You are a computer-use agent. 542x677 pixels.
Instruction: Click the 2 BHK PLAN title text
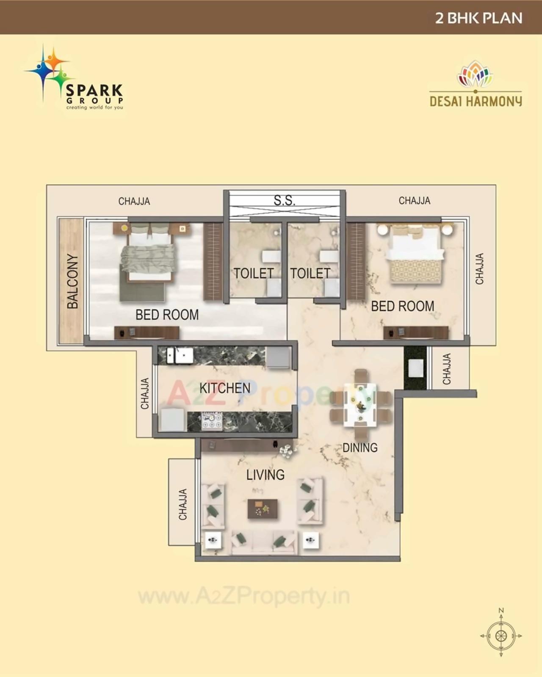click(x=478, y=18)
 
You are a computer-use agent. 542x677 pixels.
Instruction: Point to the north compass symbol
click(x=501, y=635)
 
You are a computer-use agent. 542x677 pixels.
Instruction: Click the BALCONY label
click(x=73, y=281)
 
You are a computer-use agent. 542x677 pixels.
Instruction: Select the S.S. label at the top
click(x=284, y=200)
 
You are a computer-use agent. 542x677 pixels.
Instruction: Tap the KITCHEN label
click(x=225, y=388)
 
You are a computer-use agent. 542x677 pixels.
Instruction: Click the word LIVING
click(x=265, y=475)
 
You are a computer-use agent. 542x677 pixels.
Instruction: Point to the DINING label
click(x=360, y=448)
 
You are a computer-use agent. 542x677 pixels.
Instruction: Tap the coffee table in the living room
click(x=263, y=508)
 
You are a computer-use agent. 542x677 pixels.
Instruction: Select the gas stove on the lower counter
click(x=212, y=421)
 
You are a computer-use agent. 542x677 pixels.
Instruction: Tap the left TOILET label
click(x=254, y=274)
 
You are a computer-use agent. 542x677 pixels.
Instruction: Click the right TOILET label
click(x=310, y=274)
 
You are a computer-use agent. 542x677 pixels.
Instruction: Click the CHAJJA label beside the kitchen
click(x=145, y=393)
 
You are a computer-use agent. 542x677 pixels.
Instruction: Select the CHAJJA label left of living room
click(x=183, y=504)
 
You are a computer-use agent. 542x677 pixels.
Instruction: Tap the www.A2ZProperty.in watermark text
click(x=244, y=597)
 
